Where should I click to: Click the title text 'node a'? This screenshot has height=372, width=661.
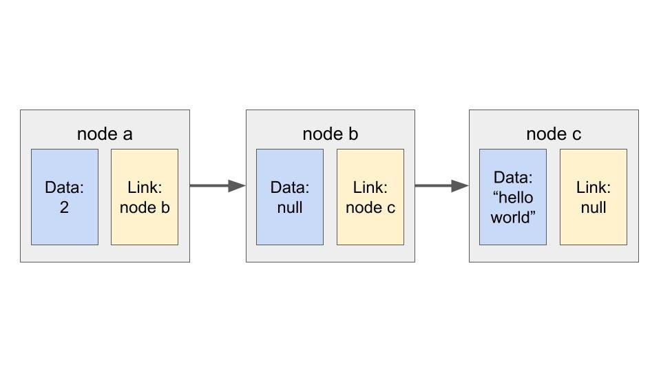105,134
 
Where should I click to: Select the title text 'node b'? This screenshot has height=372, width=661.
330,134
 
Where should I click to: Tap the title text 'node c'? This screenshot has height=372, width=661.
554,134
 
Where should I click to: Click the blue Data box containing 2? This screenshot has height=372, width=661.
65,197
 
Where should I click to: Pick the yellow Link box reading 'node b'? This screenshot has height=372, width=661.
145,197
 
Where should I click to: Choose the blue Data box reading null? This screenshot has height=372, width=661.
290,197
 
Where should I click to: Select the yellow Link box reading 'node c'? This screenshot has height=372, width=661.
370,197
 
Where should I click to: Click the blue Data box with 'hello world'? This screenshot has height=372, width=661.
513,197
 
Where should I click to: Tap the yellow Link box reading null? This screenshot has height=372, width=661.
593,197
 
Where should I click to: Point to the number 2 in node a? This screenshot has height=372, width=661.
64,207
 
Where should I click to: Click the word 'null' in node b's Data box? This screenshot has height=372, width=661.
290,207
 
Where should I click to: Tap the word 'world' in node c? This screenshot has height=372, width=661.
513,218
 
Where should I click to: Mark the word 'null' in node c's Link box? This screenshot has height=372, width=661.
593,207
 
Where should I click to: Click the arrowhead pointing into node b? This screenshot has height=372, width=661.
238,185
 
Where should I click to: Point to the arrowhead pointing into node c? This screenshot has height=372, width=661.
461,185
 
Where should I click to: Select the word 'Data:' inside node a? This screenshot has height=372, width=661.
65,187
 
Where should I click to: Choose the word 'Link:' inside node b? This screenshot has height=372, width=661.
370,187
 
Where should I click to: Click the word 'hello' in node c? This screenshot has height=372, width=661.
513,198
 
